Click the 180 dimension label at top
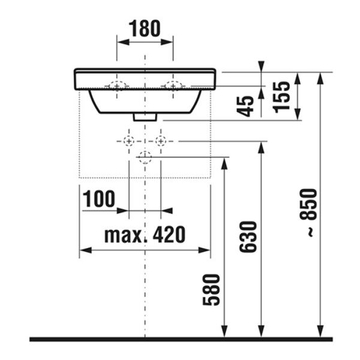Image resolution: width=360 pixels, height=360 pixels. (145, 28)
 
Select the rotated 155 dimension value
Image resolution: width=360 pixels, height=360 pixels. (285, 95)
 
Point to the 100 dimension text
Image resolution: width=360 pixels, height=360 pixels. (99, 199)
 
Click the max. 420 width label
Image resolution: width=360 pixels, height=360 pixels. (145, 234)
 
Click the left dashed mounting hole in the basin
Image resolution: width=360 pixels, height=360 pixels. (116, 86)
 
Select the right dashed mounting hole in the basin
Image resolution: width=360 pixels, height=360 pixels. (173, 86)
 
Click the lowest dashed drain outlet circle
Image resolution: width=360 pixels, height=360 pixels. (145, 157)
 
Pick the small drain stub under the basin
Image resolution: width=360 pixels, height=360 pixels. (145, 117)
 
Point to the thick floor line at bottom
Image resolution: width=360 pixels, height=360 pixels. (180, 339)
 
